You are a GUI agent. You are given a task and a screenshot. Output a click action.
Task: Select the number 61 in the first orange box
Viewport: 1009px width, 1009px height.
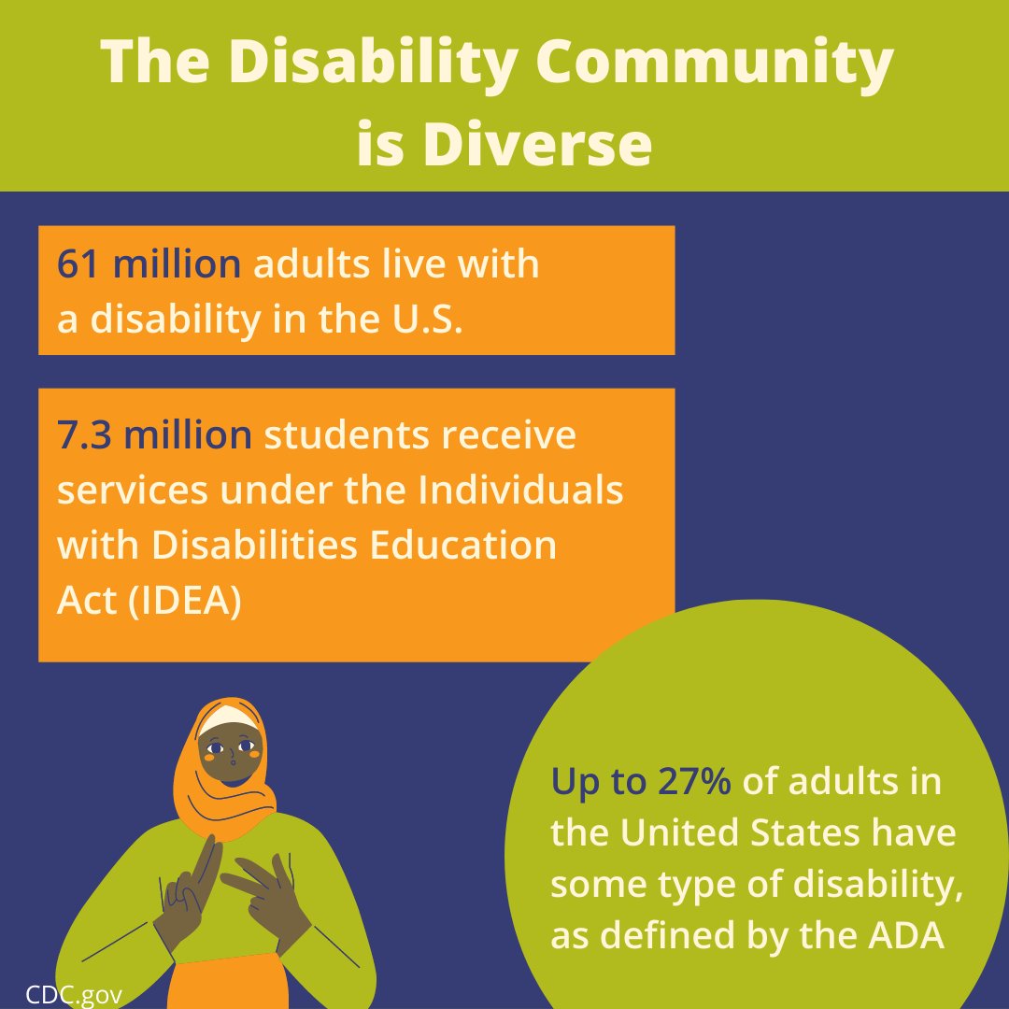79,264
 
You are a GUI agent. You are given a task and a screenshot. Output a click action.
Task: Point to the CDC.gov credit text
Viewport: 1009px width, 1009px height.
74,993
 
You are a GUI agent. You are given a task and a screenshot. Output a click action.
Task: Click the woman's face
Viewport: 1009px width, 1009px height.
230,752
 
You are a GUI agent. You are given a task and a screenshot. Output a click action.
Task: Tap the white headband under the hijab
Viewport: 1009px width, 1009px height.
228,718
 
